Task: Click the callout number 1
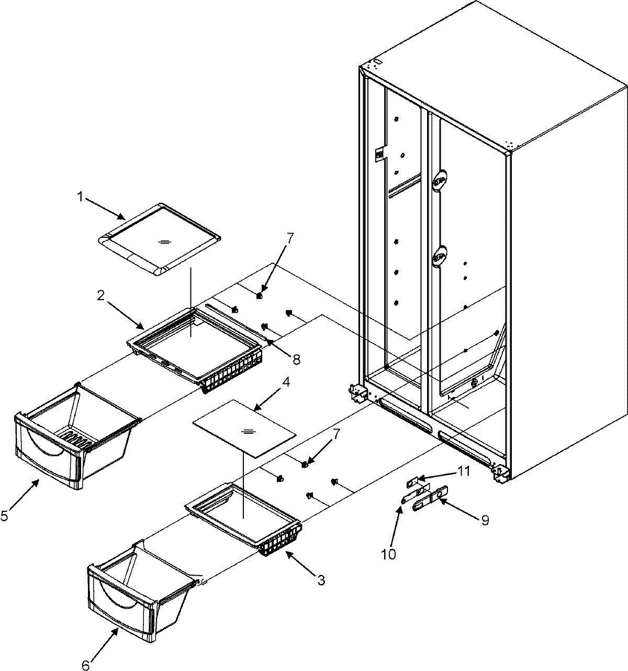[x=80, y=197]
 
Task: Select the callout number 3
[x=321, y=580]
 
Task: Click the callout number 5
[x=5, y=516]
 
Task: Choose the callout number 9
[x=485, y=521]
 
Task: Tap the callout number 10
[x=389, y=554]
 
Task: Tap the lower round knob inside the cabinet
[x=440, y=256]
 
